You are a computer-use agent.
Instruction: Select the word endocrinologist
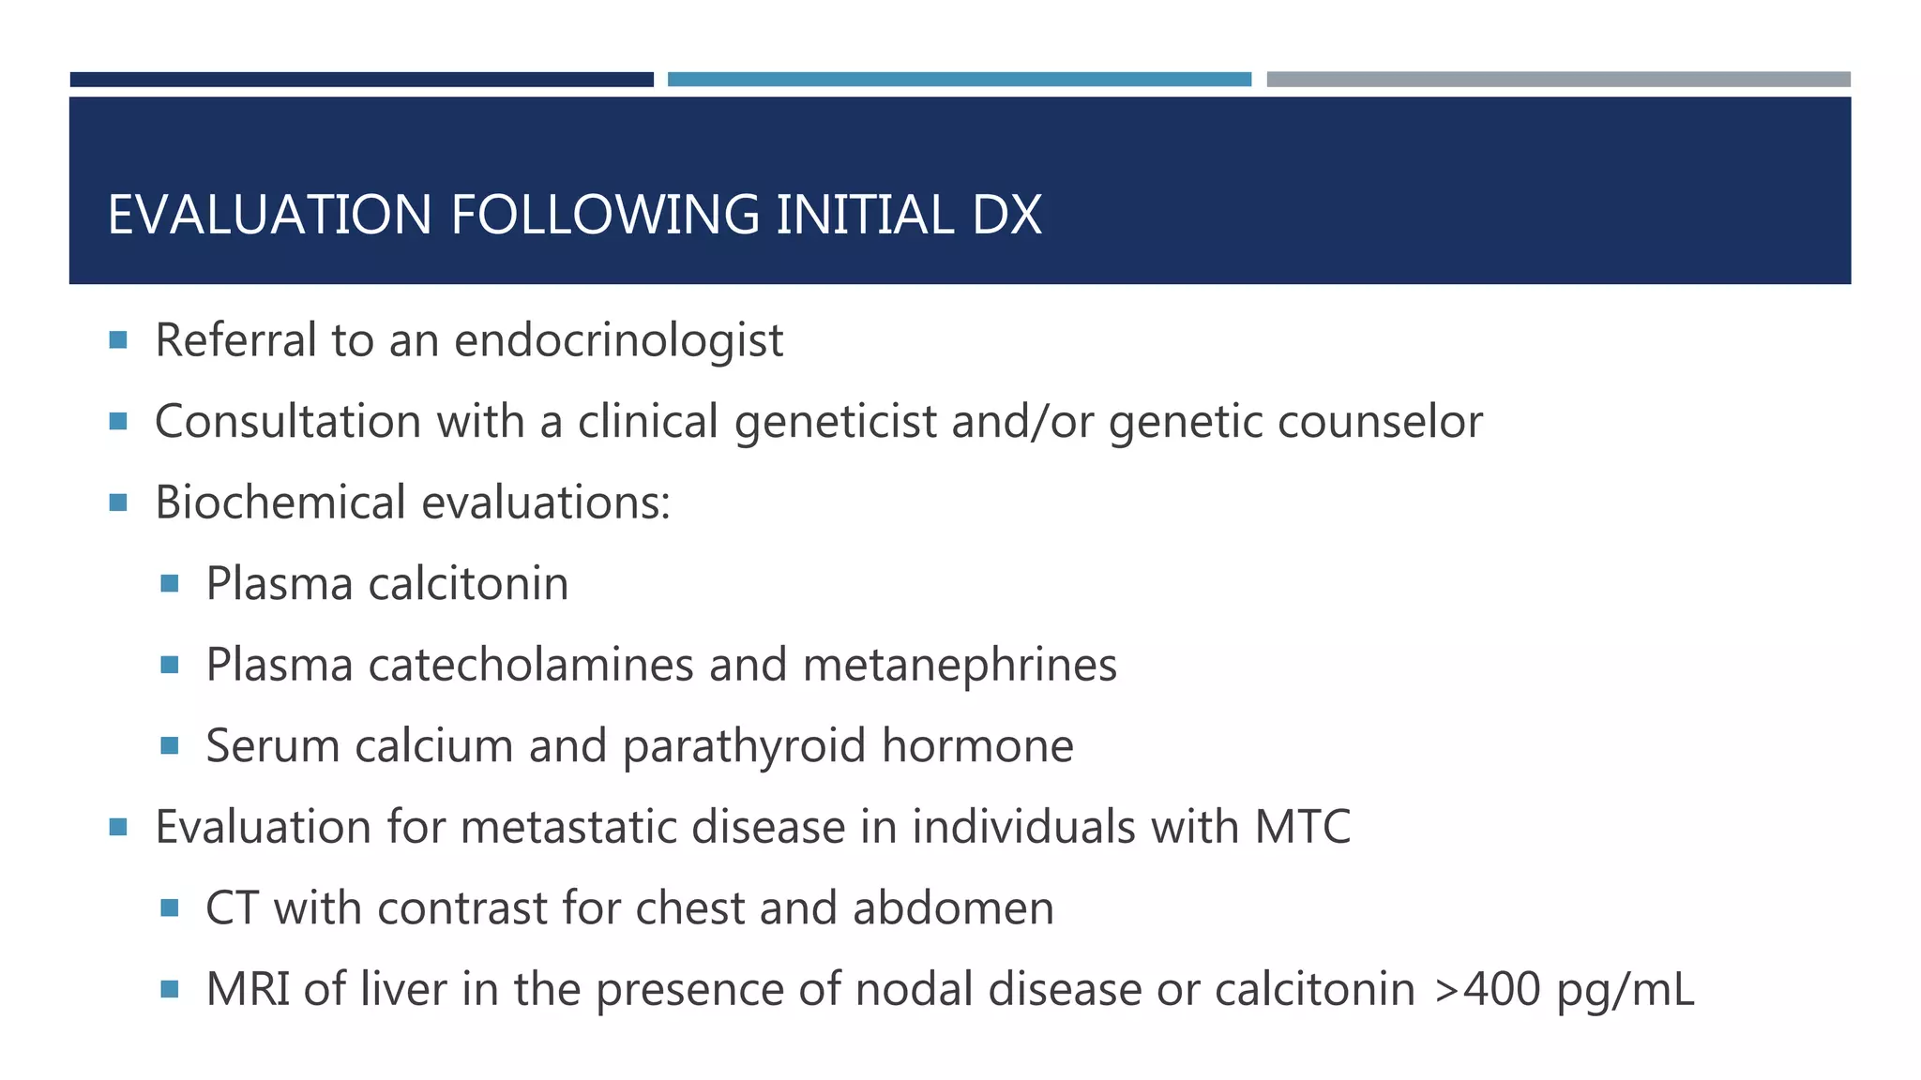pos(618,339)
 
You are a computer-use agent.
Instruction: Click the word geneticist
pos(836,421)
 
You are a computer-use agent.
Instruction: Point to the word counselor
pos(1380,421)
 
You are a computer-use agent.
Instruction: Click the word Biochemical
pos(281,502)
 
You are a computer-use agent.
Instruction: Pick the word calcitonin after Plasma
pos(468,583)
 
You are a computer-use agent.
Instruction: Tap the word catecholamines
pos(531,665)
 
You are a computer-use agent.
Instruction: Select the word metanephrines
pos(960,665)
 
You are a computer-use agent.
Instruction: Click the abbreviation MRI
pos(248,989)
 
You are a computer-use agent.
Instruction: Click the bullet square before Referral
pos(118,339)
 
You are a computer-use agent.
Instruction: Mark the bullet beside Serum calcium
pos(170,745)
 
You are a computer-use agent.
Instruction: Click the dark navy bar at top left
pos(361,80)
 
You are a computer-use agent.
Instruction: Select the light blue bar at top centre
pos(959,80)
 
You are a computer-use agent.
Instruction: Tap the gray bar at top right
pos(1558,80)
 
